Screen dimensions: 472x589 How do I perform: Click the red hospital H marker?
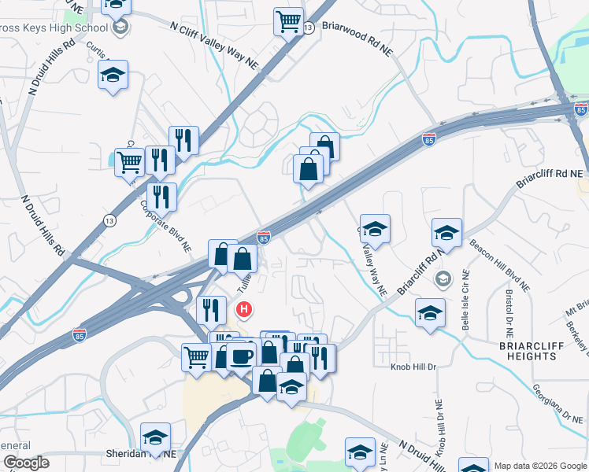245,309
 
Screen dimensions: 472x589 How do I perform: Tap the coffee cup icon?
241,356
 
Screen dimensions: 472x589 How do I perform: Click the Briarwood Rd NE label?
357,39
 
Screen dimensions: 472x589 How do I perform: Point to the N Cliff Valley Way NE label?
214,37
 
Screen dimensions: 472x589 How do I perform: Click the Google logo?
26,463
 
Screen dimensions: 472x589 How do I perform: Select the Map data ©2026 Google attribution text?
539,466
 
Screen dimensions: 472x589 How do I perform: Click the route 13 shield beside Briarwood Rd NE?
309,28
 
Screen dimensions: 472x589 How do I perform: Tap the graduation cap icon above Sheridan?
155,437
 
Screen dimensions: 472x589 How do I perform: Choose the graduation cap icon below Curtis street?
113,75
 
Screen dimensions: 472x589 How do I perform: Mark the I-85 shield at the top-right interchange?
580,109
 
